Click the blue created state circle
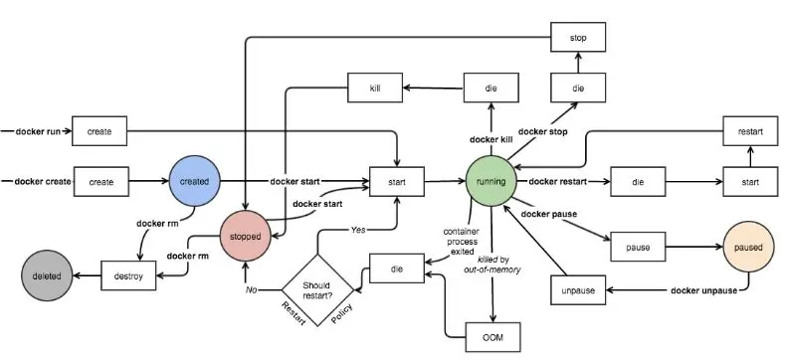[x=194, y=181]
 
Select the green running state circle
[x=491, y=181]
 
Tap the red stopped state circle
[x=246, y=236]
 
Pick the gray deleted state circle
[x=47, y=275]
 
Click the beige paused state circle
[x=748, y=247]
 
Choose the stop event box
[x=578, y=37]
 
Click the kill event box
[x=375, y=88]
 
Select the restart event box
[x=750, y=131]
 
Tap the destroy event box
[x=128, y=275]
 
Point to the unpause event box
[x=578, y=290]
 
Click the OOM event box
[x=493, y=337]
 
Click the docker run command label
[x=38, y=131]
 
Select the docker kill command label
[x=491, y=139]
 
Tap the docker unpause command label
[x=703, y=290]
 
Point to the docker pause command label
[x=548, y=214]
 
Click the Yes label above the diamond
[x=358, y=230]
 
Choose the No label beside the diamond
[x=252, y=289]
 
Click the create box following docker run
[x=99, y=131]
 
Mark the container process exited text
[x=461, y=242]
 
